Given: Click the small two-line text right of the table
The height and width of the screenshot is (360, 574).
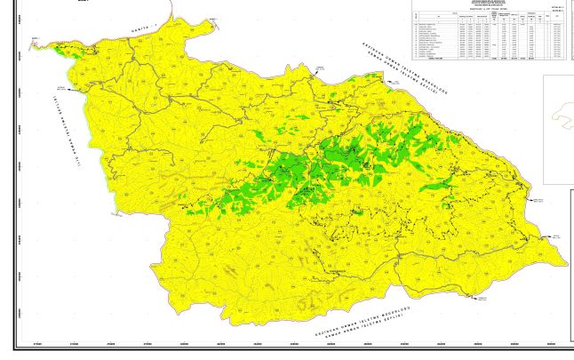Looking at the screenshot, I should tap(558, 12).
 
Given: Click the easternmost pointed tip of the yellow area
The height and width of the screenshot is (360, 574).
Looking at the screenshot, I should tap(566, 263).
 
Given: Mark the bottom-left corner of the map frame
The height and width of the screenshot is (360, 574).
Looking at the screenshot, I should tap(14, 348).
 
